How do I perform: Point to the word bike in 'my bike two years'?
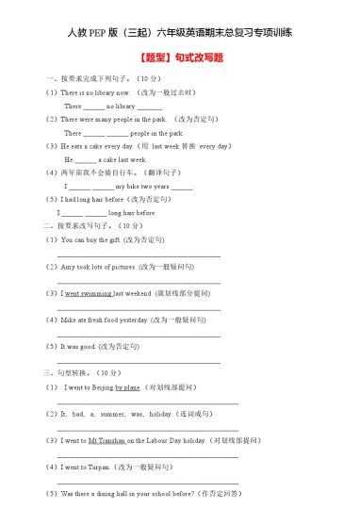pos(135,187)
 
